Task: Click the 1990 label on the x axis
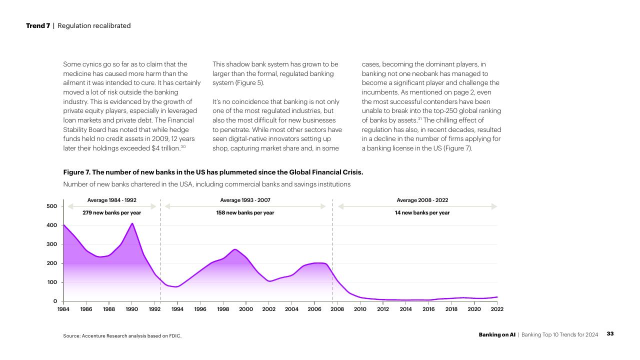(131, 309)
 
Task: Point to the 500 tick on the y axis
(51, 206)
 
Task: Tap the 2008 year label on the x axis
(337, 309)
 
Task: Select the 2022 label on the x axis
(497, 309)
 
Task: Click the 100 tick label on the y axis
(52, 282)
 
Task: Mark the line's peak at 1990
(132, 223)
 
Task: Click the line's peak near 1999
(235, 249)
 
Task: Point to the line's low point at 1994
(176, 286)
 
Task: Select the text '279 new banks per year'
(111, 213)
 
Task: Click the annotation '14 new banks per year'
(422, 213)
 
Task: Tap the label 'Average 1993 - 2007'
(245, 200)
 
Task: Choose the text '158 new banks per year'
(245, 213)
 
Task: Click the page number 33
(610, 333)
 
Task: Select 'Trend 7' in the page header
(38, 25)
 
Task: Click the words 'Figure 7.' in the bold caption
(76, 172)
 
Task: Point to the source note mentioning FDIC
(122, 336)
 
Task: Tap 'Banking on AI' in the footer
(497, 334)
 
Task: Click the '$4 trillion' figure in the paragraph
(165, 148)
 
